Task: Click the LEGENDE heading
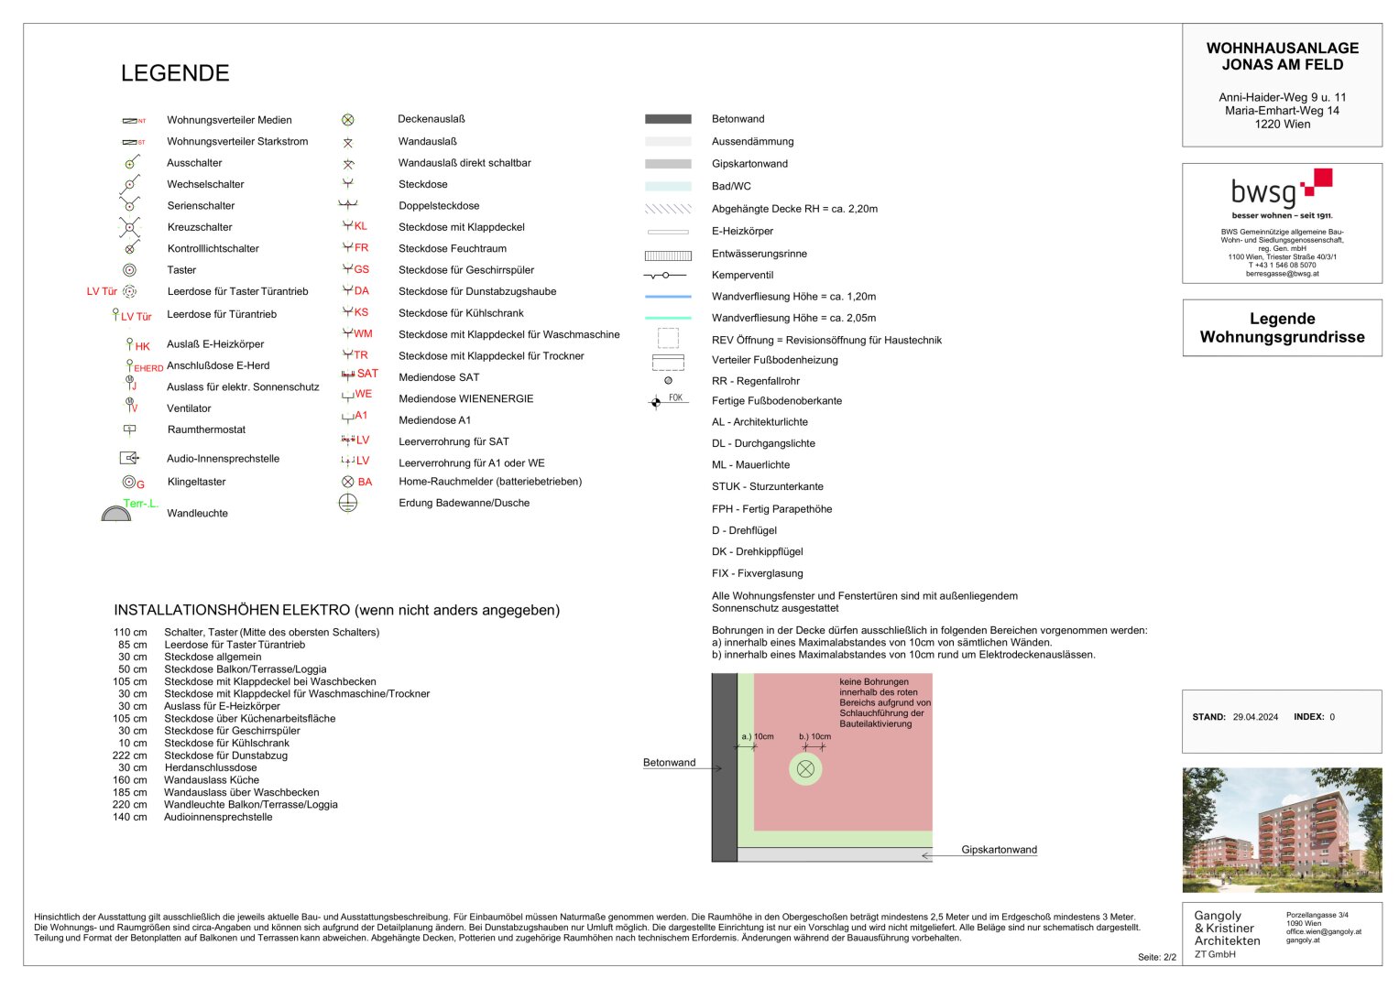(175, 73)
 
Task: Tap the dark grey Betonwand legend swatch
(668, 119)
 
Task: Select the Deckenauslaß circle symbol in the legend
(348, 120)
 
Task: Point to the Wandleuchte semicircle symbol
(116, 514)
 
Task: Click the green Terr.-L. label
(140, 503)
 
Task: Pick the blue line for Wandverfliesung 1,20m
(668, 297)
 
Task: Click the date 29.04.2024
(1255, 717)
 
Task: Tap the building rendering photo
(1282, 830)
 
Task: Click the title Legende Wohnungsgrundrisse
(1282, 328)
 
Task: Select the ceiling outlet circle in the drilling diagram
(805, 769)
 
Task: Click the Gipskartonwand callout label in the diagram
(999, 850)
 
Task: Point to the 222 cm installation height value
(129, 755)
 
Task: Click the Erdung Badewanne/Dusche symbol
(348, 503)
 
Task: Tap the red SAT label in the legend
(367, 374)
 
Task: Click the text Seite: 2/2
(1156, 957)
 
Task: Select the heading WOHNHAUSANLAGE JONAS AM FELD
(1282, 57)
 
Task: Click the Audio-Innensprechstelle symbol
(129, 458)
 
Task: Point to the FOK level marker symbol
(656, 402)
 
